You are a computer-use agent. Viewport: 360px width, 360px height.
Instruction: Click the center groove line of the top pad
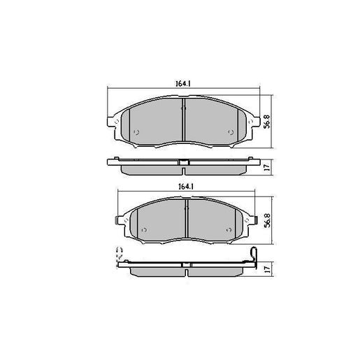click(182, 118)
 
